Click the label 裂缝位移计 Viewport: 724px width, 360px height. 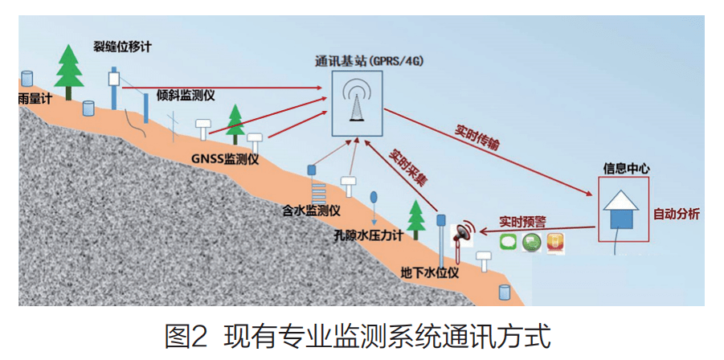(x=121, y=47)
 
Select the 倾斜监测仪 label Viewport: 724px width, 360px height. (x=186, y=94)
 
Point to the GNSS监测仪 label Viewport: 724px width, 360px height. (x=225, y=160)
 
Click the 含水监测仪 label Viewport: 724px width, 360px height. (x=311, y=211)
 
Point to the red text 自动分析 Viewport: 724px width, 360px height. (x=677, y=214)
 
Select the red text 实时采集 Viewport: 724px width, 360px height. (x=407, y=166)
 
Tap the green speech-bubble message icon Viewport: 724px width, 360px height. (x=508, y=243)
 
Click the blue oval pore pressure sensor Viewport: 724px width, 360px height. (x=374, y=197)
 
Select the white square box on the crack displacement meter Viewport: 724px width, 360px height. (x=114, y=79)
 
